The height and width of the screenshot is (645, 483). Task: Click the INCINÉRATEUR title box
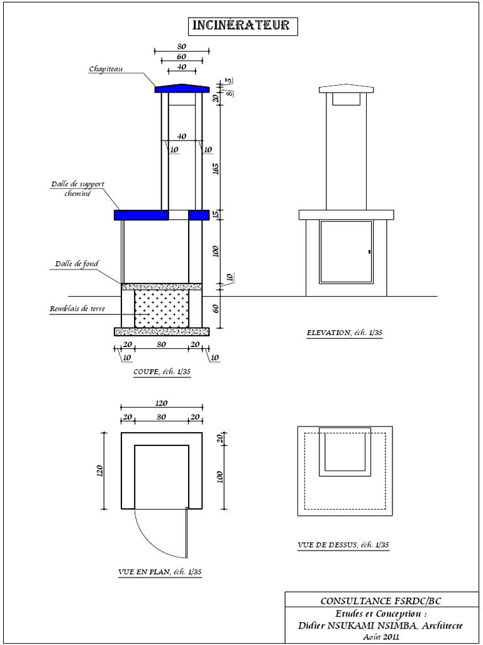[243, 26]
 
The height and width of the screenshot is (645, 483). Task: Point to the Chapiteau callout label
[106, 69]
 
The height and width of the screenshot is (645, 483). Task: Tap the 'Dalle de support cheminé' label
[77, 188]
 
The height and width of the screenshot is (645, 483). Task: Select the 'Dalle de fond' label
[77, 264]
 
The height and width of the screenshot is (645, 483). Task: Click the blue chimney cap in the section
[182, 88]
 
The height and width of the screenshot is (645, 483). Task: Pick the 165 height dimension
[216, 169]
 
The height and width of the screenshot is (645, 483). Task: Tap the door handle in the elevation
[370, 251]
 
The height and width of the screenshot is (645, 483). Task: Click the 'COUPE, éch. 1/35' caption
[162, 372]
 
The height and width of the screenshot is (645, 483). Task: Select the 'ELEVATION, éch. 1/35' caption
[345, 333]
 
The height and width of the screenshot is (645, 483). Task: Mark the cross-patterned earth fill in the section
[162, 309]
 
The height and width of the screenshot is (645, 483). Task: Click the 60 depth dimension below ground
[216, 308]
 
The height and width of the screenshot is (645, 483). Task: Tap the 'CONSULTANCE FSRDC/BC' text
[380, 601]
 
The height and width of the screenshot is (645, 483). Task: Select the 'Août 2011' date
[382, 637]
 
